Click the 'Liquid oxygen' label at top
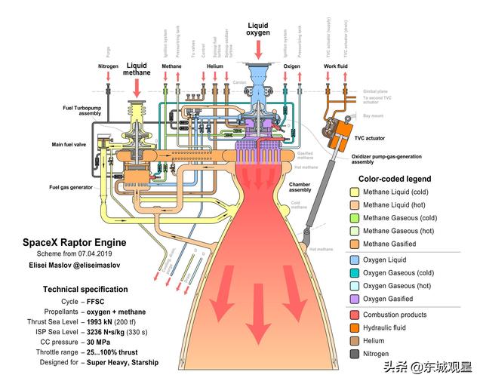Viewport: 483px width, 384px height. pyautogui.click(x=257, y=29)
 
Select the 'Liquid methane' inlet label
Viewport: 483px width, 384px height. pyautogui.click(x=137, y=70)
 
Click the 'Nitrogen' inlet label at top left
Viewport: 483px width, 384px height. pyautogui.click(x=108, y=66)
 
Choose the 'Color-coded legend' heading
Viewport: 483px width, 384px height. pyautogui.click(x=395, y=179)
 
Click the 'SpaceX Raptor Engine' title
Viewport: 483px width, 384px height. pyautogui.click(x=74, y=243)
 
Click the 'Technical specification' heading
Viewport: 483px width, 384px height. pyautogui.click(x=85, y=289)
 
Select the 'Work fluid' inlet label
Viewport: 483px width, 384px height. pyautogui.click(x=335, y=66)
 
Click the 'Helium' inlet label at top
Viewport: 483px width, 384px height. pyautogui.click(x=215, y=66)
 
